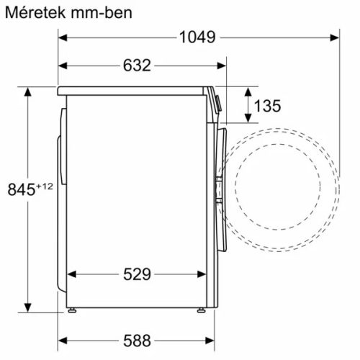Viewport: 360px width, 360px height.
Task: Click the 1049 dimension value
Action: (x=195, y=37)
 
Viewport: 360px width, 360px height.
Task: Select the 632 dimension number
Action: (x=135, y=66)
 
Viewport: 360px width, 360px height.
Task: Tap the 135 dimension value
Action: (x=267, y=107)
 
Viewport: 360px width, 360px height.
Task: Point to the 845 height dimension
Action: (x=20, y=190)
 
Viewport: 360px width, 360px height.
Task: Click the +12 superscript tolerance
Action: (x=45, y=186)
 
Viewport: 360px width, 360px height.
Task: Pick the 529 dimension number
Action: (x=135, y=274)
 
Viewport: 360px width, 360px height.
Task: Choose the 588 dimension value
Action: (x=135, y=339)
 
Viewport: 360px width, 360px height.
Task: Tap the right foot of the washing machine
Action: (x=202, y=312)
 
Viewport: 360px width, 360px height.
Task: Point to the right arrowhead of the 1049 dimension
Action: (x=335, y=37)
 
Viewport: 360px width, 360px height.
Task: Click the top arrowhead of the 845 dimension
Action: (x=29, y=93)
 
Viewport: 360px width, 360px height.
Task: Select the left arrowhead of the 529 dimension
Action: (x=73, y=274)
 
